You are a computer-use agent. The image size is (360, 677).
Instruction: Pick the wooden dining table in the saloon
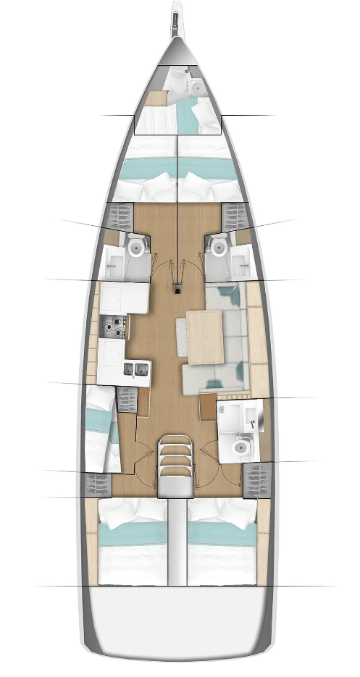point(207,337)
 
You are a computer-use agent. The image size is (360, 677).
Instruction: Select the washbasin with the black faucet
point(238,416)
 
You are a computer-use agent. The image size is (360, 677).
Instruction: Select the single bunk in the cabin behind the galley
point(99,428)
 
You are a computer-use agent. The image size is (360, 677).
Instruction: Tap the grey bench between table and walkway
point(182,337)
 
